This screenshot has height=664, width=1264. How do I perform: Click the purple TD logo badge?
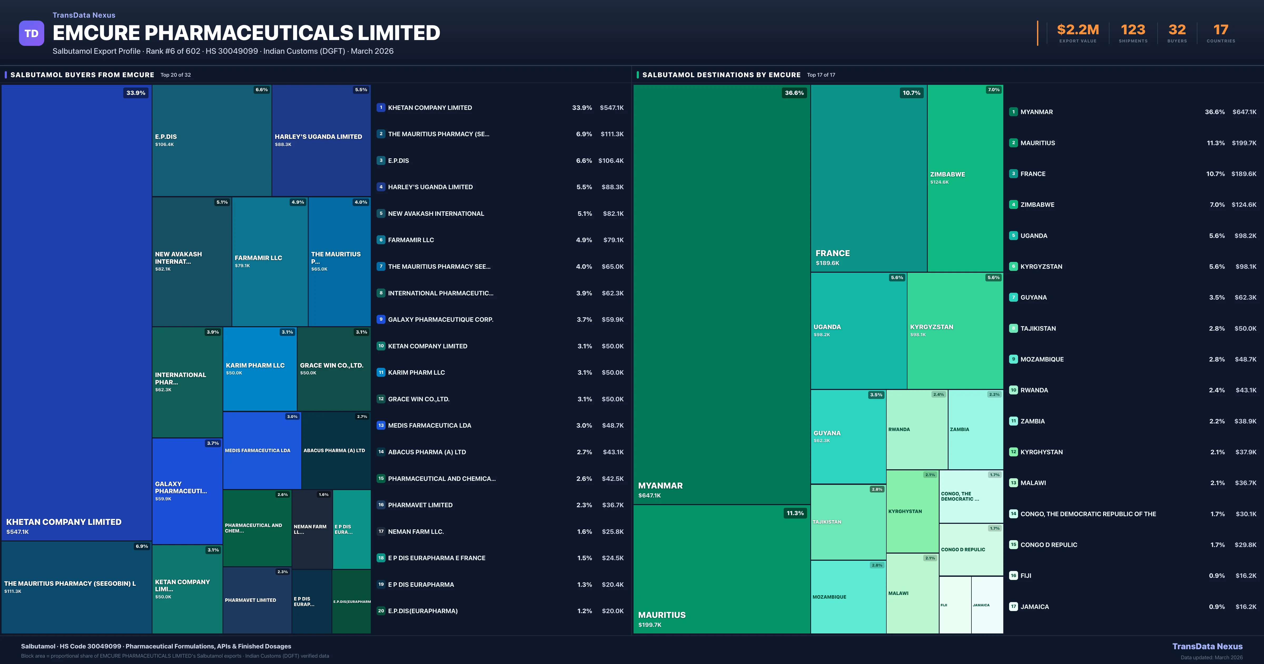click(x=31, y=33)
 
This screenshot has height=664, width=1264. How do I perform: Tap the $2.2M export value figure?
click(x=1078, y=30)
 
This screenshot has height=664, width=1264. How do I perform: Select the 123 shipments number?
click(x=1133, y=30)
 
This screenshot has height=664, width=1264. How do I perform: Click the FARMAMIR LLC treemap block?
click(x=270, y=261)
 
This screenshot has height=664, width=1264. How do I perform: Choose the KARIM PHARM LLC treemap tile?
click(x=260, y=368)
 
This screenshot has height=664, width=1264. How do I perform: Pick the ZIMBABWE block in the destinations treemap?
click(x=965, y=178)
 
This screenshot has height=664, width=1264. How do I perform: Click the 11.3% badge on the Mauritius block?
click(x=795, y=513)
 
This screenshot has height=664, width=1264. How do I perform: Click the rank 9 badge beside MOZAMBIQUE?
click(x=1013, y=359)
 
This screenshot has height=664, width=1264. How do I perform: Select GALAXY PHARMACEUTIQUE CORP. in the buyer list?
click(x=440, y=320)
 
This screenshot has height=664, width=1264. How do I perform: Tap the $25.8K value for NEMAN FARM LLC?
click(x=612, y=531)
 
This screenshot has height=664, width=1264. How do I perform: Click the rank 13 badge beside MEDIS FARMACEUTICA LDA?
click(x=381, y=425)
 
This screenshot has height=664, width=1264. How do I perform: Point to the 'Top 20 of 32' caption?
click(x=176, y=75)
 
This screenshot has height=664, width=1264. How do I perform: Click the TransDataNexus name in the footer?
click(x=1207, y=646)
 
